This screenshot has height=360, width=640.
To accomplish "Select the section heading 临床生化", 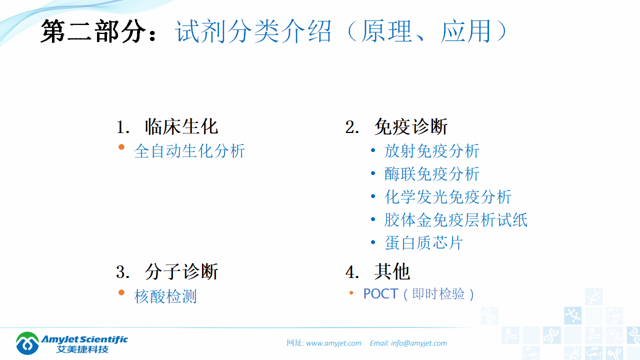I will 181,127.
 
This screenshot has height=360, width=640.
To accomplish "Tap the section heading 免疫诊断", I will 410,127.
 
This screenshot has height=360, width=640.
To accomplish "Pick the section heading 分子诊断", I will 181,272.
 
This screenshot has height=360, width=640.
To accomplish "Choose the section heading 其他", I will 392,272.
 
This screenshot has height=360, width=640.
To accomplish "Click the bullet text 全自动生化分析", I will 189,151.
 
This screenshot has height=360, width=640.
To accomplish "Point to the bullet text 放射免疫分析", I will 432,151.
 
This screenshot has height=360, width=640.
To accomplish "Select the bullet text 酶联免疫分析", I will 432,174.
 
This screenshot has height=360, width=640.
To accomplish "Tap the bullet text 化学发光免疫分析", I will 448,197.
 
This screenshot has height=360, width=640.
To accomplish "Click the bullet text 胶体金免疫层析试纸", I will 456,220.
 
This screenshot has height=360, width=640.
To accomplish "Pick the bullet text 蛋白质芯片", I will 424,243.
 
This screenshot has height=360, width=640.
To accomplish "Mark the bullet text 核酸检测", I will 165,296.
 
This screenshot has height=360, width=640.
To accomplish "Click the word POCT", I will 380,293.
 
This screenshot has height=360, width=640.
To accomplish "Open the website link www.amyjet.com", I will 333,343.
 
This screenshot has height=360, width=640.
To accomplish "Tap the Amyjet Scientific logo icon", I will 27,342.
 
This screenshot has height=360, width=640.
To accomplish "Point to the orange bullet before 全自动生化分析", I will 121,147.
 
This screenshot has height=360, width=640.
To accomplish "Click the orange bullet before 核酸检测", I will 121,292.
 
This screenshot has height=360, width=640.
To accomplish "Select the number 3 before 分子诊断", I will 120,272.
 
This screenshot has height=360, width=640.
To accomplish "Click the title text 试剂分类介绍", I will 253,32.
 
